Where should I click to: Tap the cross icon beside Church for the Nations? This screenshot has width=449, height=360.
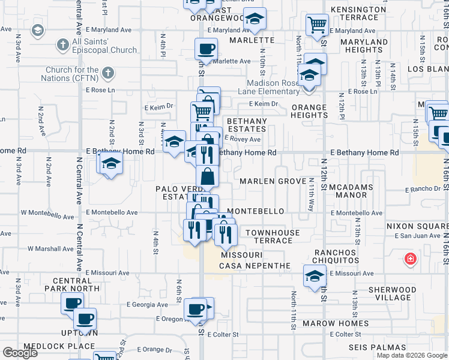click(x=108, y=74)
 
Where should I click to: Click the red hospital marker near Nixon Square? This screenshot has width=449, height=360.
click(x=410, y=259)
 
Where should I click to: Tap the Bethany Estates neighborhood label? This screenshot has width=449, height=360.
click(x=247, y=125)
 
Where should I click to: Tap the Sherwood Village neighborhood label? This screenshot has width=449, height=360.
click(x=390, y=293)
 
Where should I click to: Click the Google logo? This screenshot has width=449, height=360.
click(x=20, y=353)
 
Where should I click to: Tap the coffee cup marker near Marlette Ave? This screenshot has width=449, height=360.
click(x=206, y=49)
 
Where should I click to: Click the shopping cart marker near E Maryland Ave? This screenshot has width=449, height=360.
click(x=317, y=25)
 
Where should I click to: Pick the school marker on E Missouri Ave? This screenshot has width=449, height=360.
click(x=314, y=276)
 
